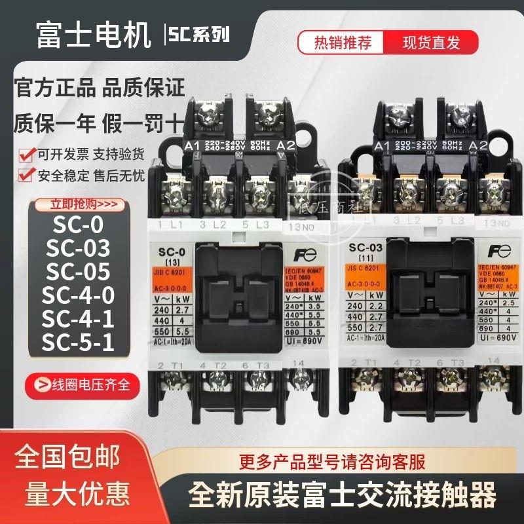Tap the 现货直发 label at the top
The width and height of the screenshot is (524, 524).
click(x=431, y=43)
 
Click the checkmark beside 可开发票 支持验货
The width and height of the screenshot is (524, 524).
click(x=24, y=155)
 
